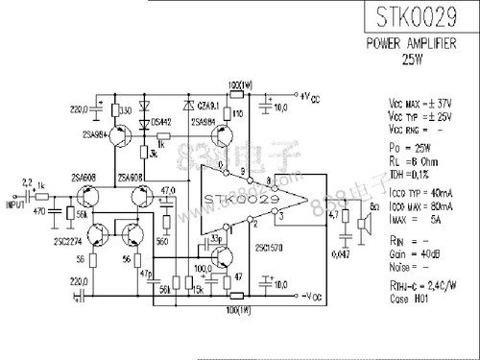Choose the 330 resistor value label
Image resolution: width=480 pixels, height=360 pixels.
tap(125, 111)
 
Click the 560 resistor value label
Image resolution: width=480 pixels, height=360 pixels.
tap(164, 243)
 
